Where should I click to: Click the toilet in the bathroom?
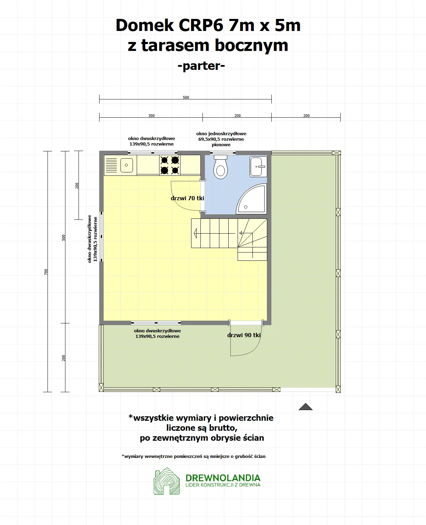click(x=220, y=167)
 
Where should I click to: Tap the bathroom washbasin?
click(x=258, y=167)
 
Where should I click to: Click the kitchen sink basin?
click(x=126, y=165)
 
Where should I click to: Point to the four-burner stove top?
click(x=170, y=165)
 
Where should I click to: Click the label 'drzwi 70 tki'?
click(x=187, y=198)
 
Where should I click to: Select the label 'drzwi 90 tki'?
click(x=244, y=335)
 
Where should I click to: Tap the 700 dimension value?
click(x=46, y=272)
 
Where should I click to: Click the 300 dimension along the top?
click(x=151, y=116)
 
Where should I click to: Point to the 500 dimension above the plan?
click(x=186, y=97)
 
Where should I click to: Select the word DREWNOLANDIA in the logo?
click(x=223, y=478)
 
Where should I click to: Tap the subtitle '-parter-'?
click(x=201, y=66)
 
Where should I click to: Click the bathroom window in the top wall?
click(x=221, y=153)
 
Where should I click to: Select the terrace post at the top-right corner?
click(x=336, y=153)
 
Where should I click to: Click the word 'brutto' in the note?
click(x=223, y=428)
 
